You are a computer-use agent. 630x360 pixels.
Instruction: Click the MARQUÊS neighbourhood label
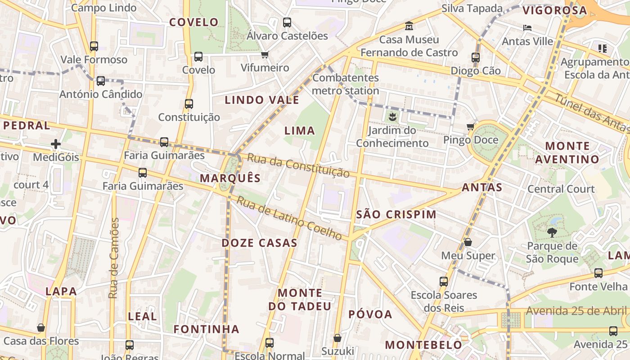pos(230,178)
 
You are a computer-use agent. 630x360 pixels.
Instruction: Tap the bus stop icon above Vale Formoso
pos(94,46)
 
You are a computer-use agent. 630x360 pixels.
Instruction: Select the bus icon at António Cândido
pos(101,81)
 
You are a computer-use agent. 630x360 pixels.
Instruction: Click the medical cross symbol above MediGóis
pos(56,144)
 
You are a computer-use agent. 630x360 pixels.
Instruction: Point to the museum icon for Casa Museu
pos(409,26)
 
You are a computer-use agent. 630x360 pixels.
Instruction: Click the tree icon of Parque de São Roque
pos(552,233)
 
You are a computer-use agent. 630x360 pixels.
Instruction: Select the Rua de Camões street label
pos(114,258)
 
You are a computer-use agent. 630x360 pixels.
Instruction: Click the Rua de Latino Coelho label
pos(289,219)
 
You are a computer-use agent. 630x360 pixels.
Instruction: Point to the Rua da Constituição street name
pos(298,166)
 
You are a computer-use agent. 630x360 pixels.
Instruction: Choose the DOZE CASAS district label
pos(259,243)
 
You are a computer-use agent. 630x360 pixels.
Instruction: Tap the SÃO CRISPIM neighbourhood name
pos(396,215)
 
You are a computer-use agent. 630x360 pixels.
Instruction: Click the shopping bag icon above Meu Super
pos(468,242)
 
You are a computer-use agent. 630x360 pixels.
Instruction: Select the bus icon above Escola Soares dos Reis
pos(444,282)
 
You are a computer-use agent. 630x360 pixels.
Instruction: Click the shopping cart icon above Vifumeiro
pos(265,55)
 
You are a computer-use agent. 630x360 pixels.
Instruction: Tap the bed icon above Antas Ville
pos(527,28)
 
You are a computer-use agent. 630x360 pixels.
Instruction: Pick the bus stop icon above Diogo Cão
pos(476,57)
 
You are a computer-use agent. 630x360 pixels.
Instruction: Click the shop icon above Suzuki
pos(337,338)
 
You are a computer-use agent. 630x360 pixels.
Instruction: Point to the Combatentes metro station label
pos(346,84)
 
